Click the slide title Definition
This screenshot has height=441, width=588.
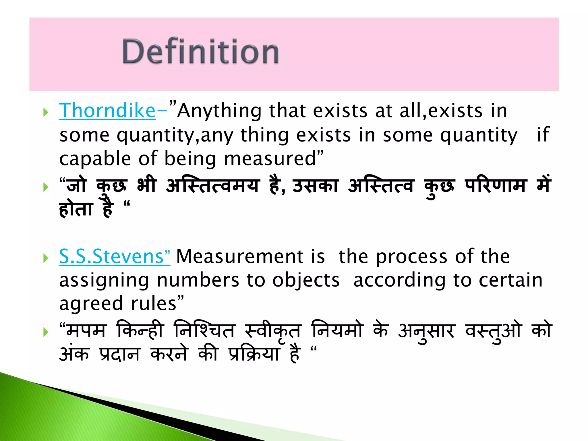click(200, 52)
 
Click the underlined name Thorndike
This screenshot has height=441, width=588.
click(107, 111)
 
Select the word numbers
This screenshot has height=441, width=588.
click(198, 280)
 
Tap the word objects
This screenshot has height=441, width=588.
click(306, 280)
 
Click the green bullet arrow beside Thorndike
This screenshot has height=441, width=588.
click(45, 113)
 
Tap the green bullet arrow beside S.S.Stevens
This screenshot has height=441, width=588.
click(45, 258)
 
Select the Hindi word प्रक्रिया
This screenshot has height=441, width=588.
click(254, 354)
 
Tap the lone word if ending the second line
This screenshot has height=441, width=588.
click(543, 135)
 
